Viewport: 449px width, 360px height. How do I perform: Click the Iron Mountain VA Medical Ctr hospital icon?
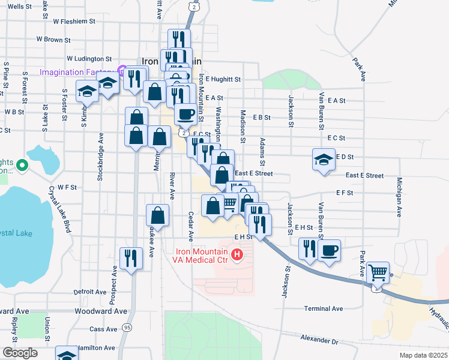(x=237, y=256)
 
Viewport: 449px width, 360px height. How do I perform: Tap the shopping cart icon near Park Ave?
(x=378, y=272)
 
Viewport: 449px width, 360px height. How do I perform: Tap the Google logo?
(x=20, y=353)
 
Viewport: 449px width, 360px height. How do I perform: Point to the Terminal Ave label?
(x=323, y=308)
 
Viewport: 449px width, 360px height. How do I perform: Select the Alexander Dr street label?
(x=319, y=340)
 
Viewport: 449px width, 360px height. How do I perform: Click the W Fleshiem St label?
(x=74, y=21)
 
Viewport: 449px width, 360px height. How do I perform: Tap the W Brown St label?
(x=53, y=40)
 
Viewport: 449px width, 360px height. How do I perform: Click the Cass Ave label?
(x=103, y=329)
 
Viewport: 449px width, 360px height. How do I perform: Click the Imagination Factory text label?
(x=78, y=73)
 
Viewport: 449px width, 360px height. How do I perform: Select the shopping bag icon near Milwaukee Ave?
(x=157, y=215)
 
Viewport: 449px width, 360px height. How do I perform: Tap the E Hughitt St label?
(x=223, y=79)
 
